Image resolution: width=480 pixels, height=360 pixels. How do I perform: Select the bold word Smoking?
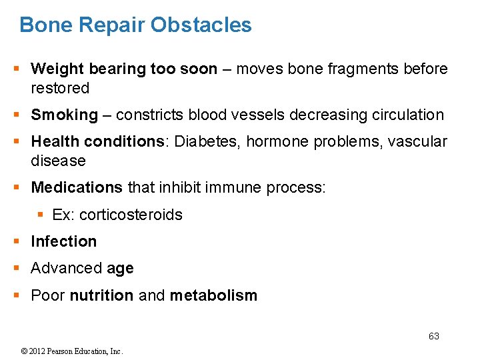(x=64, y=115)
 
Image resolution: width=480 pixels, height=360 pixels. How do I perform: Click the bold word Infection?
(x=63, y=241)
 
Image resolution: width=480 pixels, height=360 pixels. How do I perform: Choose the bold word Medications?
(x=77, y=188)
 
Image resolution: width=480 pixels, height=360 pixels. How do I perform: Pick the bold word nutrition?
(x=101, y=295)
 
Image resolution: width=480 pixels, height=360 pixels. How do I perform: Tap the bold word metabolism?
(x=213, y=295)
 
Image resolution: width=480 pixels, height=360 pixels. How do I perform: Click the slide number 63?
(x=433, y=336)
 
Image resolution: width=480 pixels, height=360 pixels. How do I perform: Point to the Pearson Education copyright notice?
(x=72, y=351)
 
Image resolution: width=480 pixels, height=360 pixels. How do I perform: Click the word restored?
(x=60, y=88)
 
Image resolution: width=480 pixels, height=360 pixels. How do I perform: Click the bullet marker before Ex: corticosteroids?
(x=41, y=215)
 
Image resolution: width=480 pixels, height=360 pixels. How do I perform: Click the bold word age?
(x=120, y=269)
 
